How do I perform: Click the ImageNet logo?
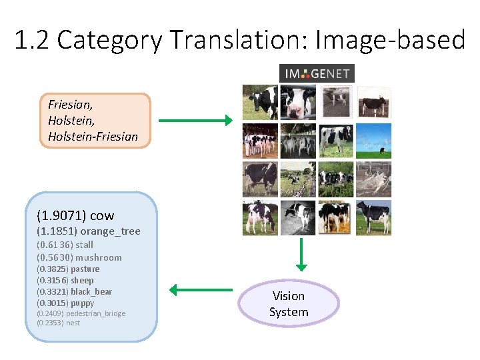click(x=317, y=73)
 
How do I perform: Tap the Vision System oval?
click(x=289, y=304)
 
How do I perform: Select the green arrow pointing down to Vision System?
click(x=302, y=254)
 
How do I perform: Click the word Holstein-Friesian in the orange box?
click(x=93, y=137)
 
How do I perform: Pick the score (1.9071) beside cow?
click(x=61, y=215)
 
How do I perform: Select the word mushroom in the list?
click(x=99, y=257)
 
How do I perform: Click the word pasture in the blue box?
click(x=85, y=269)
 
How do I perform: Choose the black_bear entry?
click(x=91, y=291)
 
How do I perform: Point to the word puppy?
click(x=83, y=303)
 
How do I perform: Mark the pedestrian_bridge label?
click(x=94, y=313)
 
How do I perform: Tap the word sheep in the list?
click(x=82, y=280)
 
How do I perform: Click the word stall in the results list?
click(x=84, y=245)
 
